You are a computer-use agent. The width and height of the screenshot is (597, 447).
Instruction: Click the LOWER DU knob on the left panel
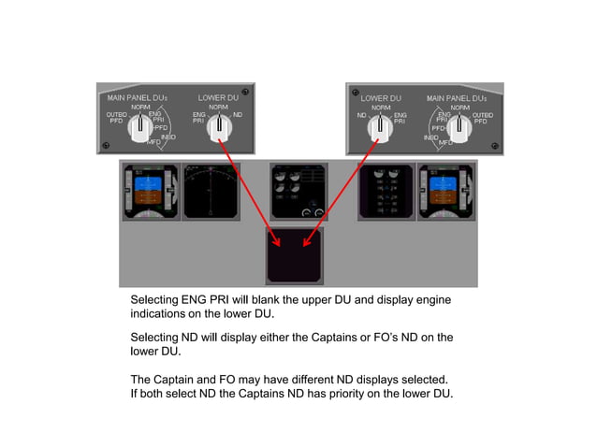218,127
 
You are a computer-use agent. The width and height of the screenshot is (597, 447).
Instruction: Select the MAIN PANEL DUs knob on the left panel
139,128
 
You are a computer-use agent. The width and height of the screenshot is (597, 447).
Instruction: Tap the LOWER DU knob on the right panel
380,127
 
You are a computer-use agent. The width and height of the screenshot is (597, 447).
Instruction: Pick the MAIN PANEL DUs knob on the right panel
459,128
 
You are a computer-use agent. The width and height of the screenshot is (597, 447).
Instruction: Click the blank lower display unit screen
294,256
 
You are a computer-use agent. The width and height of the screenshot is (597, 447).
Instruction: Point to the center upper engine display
298,192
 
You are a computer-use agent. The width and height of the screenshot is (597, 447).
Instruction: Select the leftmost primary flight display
150,192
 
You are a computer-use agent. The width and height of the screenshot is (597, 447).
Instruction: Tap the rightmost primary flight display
446,192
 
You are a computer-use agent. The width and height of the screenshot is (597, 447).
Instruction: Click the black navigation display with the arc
211,192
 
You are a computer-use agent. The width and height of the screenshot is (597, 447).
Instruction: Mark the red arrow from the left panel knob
251,187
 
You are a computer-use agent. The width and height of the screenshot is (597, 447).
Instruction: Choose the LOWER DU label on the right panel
380,97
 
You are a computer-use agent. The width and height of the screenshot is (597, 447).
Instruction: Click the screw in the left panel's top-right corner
244,92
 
